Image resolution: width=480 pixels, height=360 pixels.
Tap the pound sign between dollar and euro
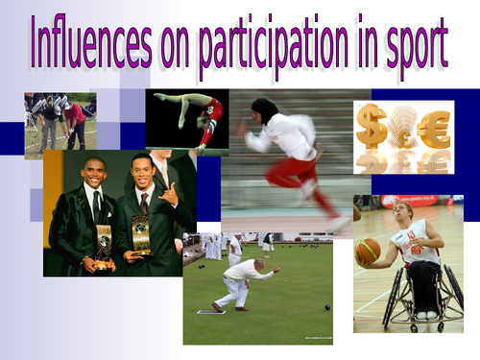(x=403, y=127)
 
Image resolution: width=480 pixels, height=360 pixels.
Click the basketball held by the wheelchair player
(x=369, y=252)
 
